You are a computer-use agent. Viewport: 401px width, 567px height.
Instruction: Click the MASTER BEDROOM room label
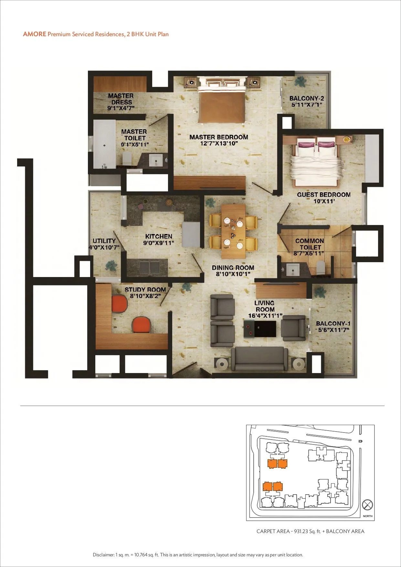coord(219,140)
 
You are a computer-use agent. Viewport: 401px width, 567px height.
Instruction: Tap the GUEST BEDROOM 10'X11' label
coord(324,198)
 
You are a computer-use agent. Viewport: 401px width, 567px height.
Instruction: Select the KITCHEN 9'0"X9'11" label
coord(159,240)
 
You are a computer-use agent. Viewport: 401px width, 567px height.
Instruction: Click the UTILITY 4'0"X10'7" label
coord(104,244)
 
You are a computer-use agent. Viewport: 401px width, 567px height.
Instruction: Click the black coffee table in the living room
coord(260,329)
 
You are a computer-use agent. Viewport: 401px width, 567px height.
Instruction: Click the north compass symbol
coord(367,505)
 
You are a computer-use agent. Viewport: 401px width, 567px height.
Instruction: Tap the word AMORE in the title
coord(35,34)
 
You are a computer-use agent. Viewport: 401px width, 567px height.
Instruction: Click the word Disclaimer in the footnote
coord(103,555)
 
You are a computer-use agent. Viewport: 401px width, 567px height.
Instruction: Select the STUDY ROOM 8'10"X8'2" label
coord(145,293)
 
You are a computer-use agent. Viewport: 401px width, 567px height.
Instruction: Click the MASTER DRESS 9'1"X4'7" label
coord(121,102)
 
